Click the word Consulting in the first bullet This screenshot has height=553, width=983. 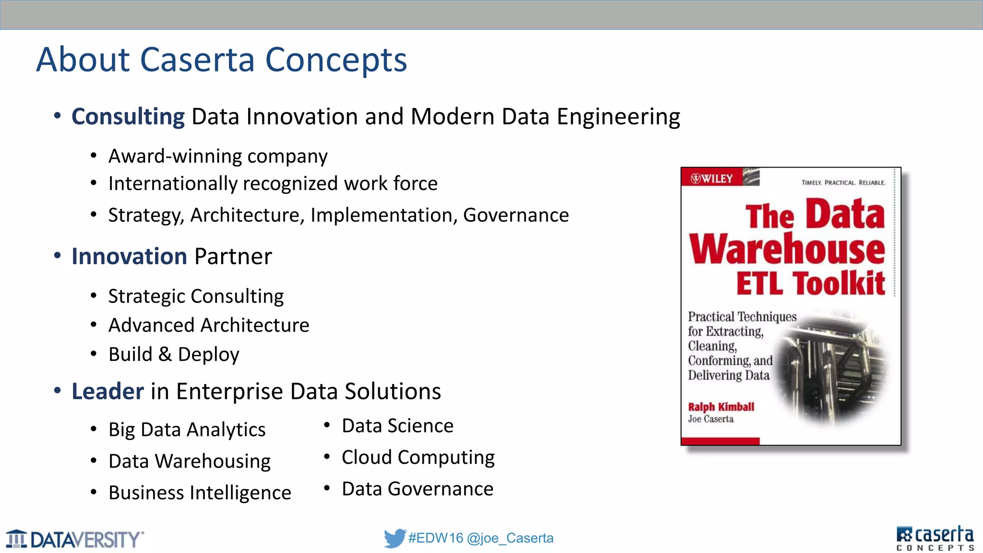pyautogui.click(x=128, y=117)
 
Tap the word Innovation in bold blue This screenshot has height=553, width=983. pyautogui.click(x=129, y=256)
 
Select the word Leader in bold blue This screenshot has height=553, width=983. pyautogui.click(x=108, y=391)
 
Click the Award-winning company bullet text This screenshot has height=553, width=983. pyautogui.click(x=218, y=156)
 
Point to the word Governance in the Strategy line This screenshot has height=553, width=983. pyautogui.click(x=515, y=215)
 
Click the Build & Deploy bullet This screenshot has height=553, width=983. pyautogui.click(x=174, y=354)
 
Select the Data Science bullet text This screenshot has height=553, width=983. pyautogui.click(x=397, y=426)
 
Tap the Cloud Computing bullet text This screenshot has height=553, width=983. pyautogui.click(x=418, y=457)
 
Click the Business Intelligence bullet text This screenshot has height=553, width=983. pyautogui.click(x=200, y=493)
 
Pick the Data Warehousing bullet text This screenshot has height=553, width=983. pyautogui.click(x=190, y=461)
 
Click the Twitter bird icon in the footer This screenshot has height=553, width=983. pyautogui.click(x=394, y=538)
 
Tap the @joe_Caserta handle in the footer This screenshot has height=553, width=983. pyautogui.click(x=510, y=538)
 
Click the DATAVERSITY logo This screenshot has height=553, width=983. pyautogui.click(x=74, y=539)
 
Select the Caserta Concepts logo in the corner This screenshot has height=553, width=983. pyautogui.click(x=935, y=538)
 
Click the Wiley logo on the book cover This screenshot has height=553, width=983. pyautogui.click(x=712, y=179)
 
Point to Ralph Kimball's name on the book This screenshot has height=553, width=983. pyautogui.click(x=721, y=407)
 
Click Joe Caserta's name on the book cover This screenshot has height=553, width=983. pyautogui.click(x=710, y=419)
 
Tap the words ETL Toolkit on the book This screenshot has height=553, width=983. pyautogui.click(x=811, y=283)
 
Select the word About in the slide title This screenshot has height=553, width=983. pyautogui.click(x=83, y=60)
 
